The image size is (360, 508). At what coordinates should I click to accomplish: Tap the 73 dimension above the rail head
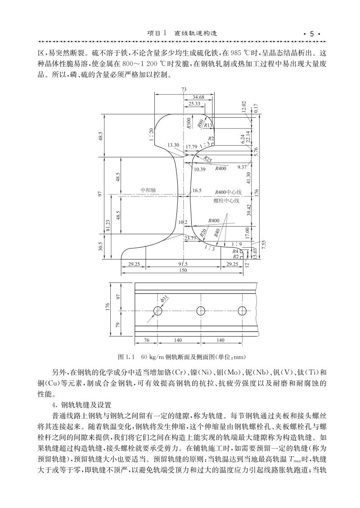point(184,90)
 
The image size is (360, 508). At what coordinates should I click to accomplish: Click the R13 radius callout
point(208,126)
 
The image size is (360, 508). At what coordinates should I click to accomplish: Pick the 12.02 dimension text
point(244,107)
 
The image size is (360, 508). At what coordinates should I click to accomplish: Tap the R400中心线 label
point(229,192)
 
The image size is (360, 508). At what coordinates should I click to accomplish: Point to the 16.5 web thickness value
point(197,191)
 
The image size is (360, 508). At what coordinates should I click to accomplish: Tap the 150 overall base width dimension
point(184,270)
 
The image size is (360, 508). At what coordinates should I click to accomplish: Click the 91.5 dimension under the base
point(184,264)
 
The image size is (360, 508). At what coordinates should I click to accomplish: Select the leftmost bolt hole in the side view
point(158,311)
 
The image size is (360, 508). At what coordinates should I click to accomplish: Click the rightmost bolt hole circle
point(242,311)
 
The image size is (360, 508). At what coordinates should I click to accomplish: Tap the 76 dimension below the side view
point(146,341)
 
